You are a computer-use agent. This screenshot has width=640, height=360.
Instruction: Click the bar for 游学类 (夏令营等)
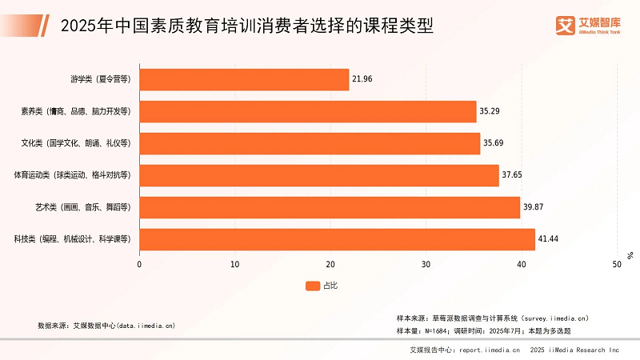pos(244,80)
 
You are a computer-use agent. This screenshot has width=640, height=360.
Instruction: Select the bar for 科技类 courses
pos(337,239)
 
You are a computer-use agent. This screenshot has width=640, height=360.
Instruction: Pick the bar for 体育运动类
pos(319,175)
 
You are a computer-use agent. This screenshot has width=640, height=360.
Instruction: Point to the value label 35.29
pos(490,111)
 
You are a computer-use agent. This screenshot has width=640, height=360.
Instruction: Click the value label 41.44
pos(548,239)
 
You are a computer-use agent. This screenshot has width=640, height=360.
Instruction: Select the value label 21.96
pos(362,80)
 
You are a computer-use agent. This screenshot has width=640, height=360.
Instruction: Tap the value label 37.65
pos(512,175)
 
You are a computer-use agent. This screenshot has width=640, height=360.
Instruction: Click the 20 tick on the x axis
pos(330,264)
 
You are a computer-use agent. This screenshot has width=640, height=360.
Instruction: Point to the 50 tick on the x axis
pos(616,264)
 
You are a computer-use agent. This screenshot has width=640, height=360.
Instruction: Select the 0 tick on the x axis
pos(140,264)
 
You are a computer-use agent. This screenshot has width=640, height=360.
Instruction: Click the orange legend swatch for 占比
pos(312,286)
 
